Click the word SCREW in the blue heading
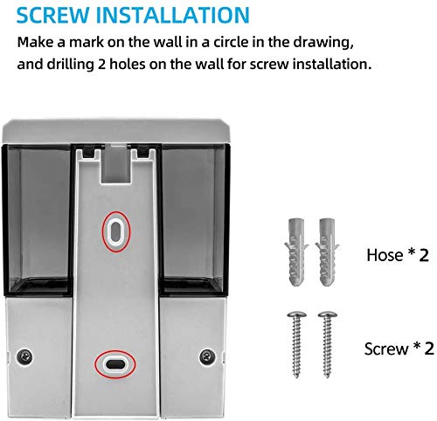[53, 15]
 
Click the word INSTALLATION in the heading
[173, 15]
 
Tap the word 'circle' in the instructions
[233, 42]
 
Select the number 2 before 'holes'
[101, 64]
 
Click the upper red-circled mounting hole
[116, 231]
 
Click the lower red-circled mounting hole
[115, 364]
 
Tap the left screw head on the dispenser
[24, 356]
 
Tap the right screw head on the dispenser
[207, 356]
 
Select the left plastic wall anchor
[296, 252]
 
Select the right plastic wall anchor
[327, 252]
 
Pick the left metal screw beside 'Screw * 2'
[296, 345]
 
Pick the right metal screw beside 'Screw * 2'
[328, 345]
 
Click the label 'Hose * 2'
[398, 255]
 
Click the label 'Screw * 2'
[399, 349]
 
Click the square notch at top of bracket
[116, 164]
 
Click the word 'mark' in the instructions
[87, 42]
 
